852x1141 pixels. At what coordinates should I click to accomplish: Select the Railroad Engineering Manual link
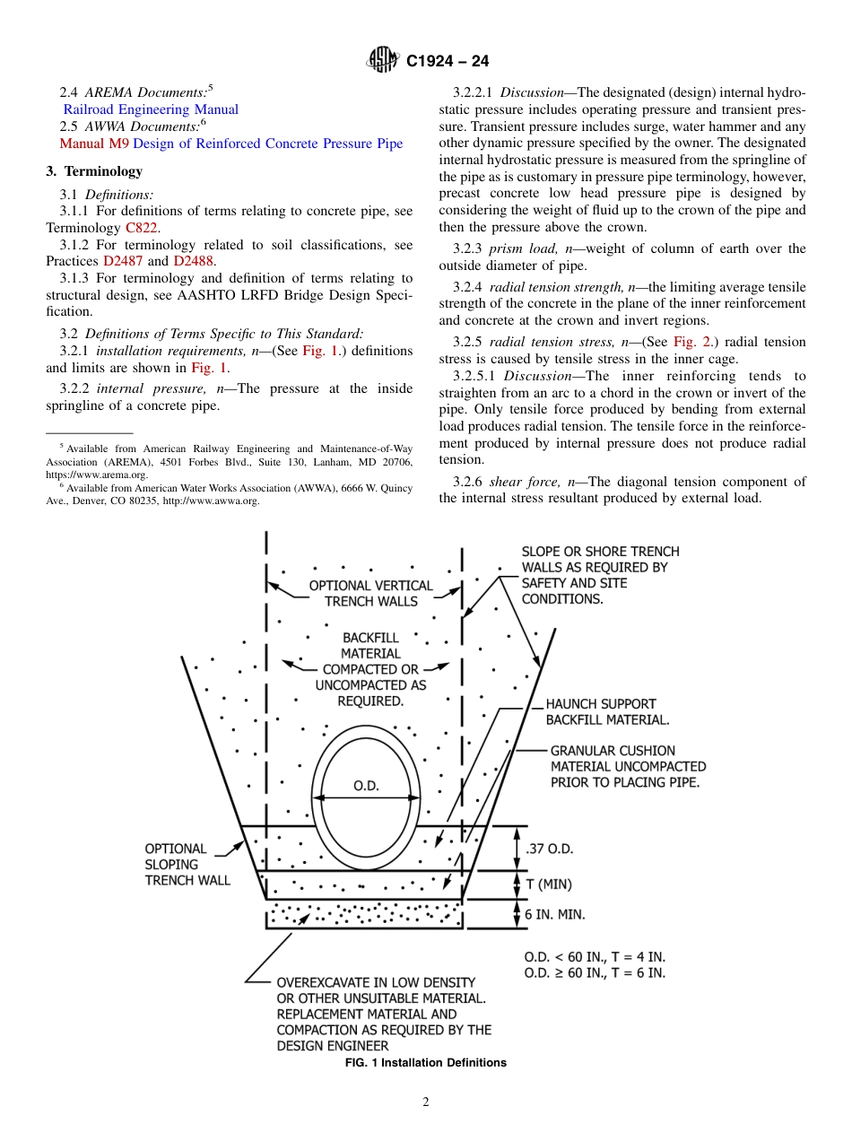click(151, 109)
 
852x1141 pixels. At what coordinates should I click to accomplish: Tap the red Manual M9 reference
click(94, 144)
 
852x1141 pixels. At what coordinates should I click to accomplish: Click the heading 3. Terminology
click(94, 171)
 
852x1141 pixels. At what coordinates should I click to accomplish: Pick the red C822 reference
click(142, 228)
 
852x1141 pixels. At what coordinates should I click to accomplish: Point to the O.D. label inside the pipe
click(366, 786)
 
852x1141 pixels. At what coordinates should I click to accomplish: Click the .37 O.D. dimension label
click(549, 849)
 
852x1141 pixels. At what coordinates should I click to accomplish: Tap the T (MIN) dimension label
click(548, 884)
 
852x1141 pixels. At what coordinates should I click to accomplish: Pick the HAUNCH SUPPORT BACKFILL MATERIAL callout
click(606, 712)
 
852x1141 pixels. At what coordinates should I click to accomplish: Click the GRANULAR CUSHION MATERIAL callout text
click(628, 766)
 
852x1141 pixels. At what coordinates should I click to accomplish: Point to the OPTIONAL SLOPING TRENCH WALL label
click(187, 865)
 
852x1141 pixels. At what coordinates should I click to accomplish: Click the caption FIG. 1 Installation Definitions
click(426, 1063)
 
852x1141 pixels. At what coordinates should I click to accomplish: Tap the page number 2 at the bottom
click(426, 1102)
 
